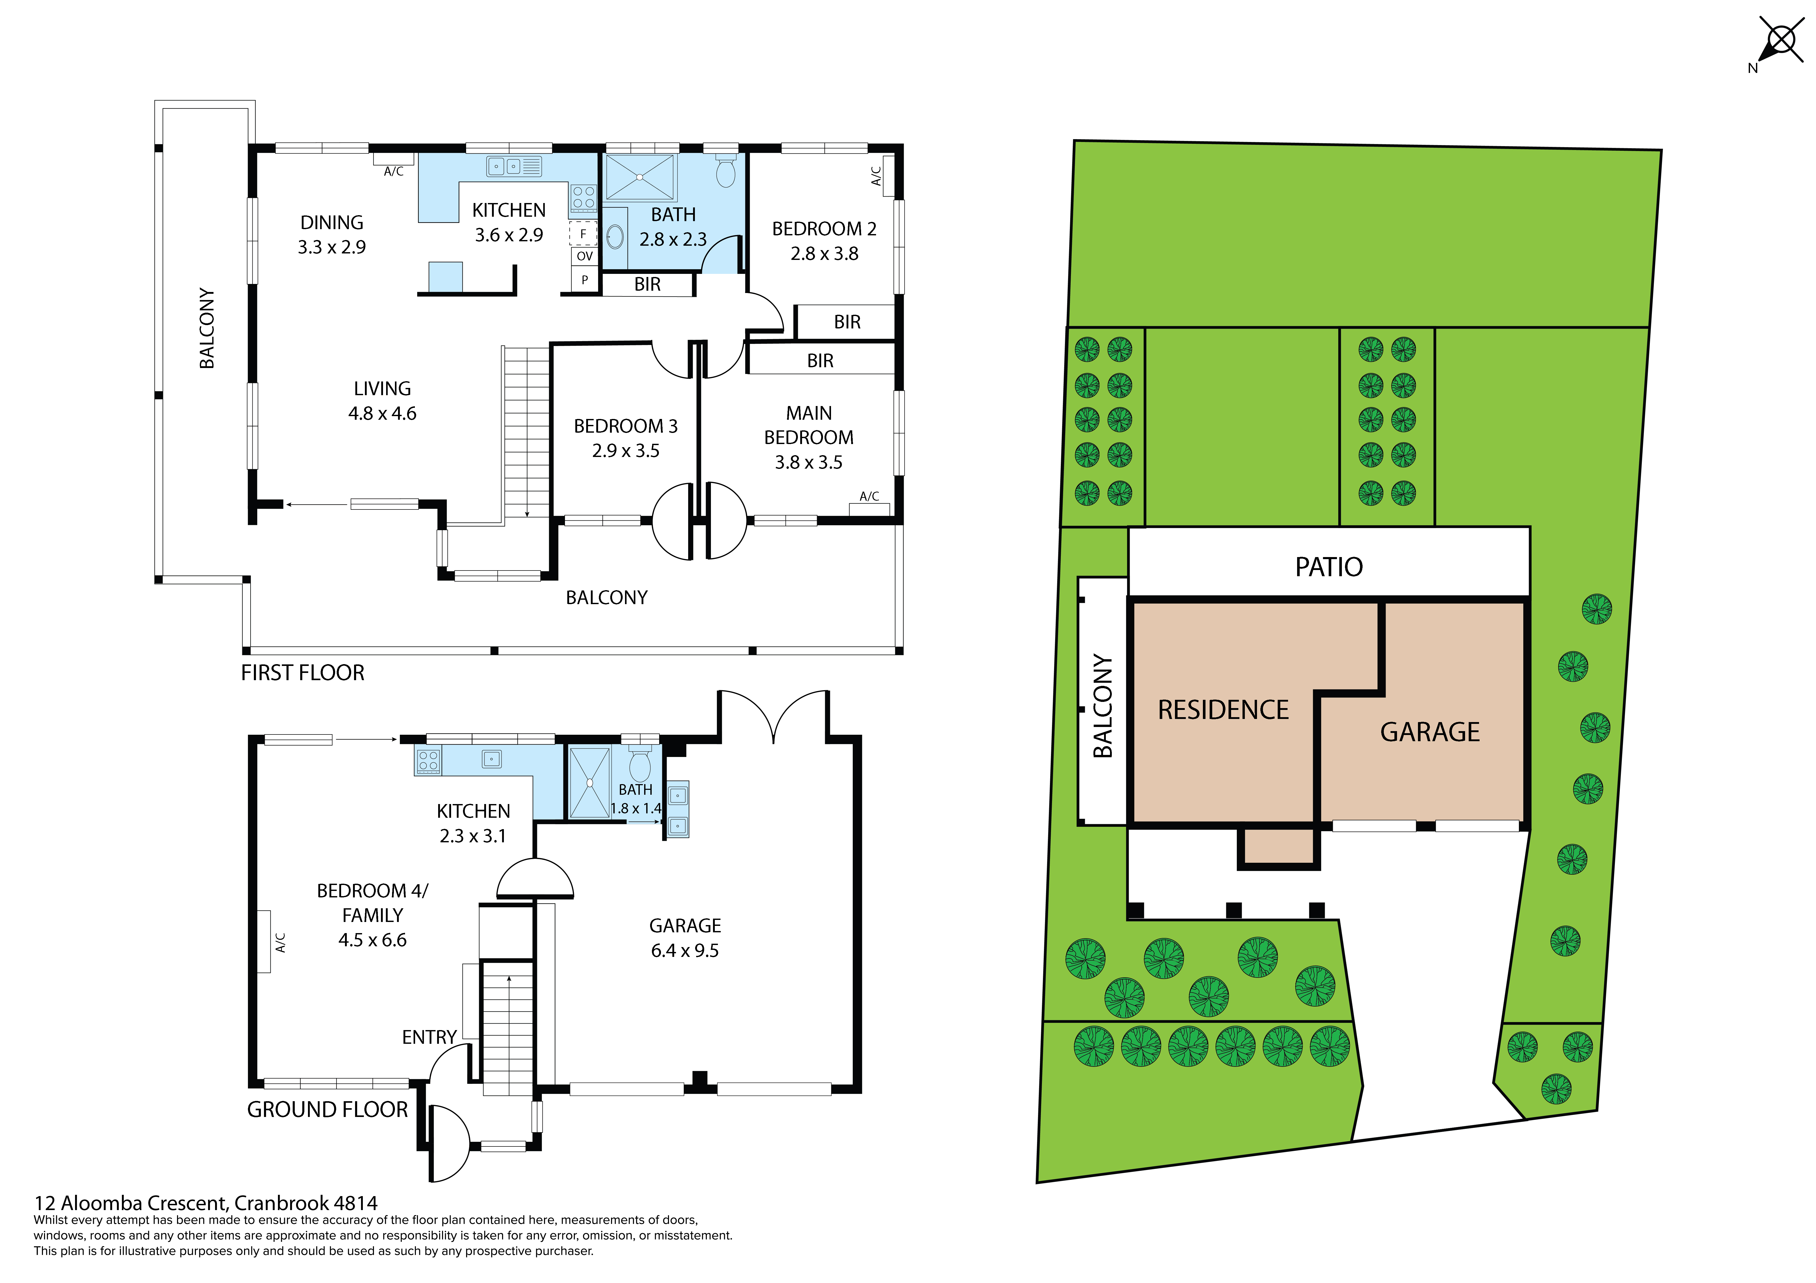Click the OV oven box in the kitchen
tap(585, 256)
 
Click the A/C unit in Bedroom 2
tap(888, 176)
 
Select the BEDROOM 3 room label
tap(626, 426)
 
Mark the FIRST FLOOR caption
tap(303, 673)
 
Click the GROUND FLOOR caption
tap(327, 1110)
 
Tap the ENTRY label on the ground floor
tap(430, 1037)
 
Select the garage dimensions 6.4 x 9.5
tap(685, 950)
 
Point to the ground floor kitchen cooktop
tap(428, 761)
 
